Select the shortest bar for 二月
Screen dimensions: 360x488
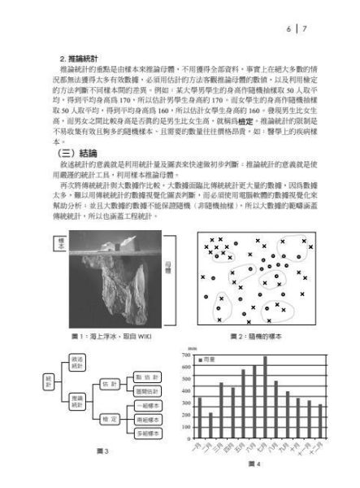point(210,426)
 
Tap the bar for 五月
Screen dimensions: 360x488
point(243,404)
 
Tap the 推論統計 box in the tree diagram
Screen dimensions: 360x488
point(76,399)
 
